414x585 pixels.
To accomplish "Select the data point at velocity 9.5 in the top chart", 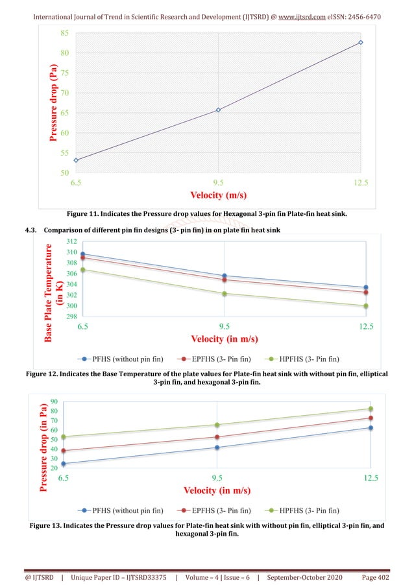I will click(x=218, y=110).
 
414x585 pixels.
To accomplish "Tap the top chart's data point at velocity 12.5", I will click(x=361, y=42).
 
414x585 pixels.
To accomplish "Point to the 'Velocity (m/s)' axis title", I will click(x=218, y=195).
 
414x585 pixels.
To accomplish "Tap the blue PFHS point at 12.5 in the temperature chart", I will click(x=366, y=287).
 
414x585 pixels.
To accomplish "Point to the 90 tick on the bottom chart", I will click(x=54, y=401).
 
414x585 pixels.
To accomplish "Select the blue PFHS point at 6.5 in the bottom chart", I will click(x=64, y=464).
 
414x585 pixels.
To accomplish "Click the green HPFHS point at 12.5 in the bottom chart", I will click(x=371, y=409).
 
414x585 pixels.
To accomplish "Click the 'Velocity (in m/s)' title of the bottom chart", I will click(x=218, y=490).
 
